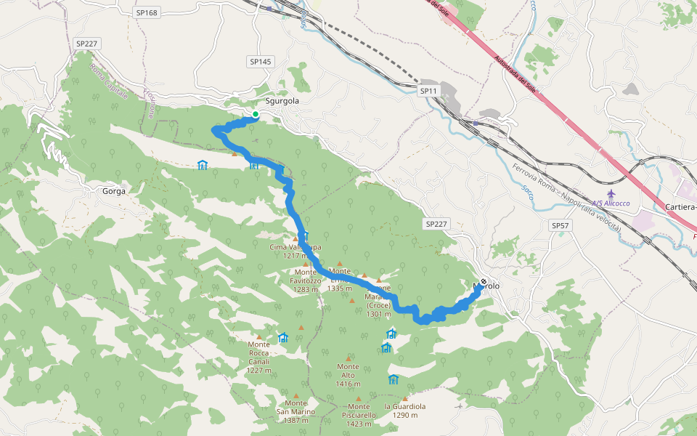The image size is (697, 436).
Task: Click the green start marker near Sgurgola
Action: pyautogui.click(x=256, y=115)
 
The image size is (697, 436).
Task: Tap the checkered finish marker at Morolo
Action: pyautogui.click(x=484, y=281)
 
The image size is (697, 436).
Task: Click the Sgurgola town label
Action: pyautogui.click(x=282, y=101)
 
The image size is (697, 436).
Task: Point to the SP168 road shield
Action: pyautogui.click(x=146, y=12)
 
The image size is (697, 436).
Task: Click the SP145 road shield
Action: pyautogui.click(x=259, y=62)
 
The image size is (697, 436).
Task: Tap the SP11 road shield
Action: pyautogui.click(x=429, y=91)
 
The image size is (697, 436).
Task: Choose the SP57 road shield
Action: pyautogui.click(x=561, y=226)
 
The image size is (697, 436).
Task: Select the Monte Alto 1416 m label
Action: pyautogui.click(x=348, y=375)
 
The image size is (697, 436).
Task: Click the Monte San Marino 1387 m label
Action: pyautogui.click(x=295, y=411)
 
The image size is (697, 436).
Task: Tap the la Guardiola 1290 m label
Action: pyautogui.click(x=405, y=411)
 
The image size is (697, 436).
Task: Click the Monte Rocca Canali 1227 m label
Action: pyautogui.click(x=258, y=357)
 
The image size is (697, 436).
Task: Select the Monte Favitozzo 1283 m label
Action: pyautogui.click(x=306, y=280)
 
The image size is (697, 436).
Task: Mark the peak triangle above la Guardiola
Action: pyautogui.click(x=405, y=398)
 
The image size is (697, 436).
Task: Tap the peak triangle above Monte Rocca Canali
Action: pyautogui.click(x=258, y=337)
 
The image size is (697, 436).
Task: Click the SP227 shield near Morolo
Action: pyautogui.click(x=436, y=224)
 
